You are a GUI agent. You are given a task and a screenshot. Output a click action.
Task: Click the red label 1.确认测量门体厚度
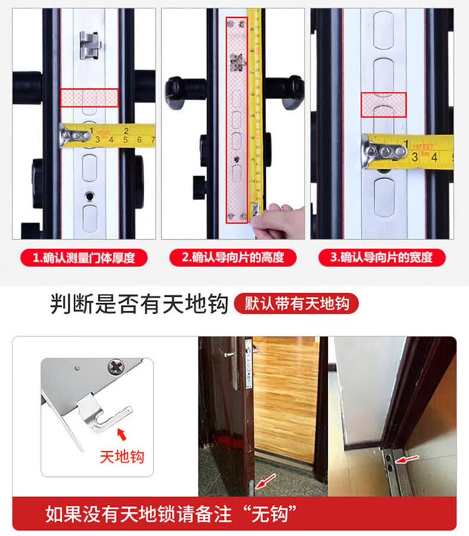click(84, 258)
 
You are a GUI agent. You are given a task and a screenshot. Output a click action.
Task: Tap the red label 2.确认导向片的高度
click(233, 258)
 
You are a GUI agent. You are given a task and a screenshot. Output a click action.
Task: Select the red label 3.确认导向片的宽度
click(382, 258)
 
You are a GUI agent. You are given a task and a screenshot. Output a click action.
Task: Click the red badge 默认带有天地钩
click(296, 303)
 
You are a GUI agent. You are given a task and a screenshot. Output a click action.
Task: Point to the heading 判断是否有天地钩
click(139, 303)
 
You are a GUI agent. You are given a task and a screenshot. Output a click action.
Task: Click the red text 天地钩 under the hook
click(122, 457)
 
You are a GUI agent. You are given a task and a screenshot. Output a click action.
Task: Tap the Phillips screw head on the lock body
click(116, 366)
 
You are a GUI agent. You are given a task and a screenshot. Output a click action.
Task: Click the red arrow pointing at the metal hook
click(122, 434)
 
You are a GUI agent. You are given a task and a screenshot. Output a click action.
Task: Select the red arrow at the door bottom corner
click(265, 481)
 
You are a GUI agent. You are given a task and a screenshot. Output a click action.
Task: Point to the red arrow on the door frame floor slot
click(407, 459)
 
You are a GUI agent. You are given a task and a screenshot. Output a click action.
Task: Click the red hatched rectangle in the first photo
click(90, 98)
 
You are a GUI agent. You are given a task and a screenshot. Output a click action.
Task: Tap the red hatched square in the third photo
click(384, 104)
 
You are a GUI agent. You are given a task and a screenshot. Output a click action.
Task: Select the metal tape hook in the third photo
click(384, 151)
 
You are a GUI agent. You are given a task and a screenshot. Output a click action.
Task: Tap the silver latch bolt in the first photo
click(91, 45)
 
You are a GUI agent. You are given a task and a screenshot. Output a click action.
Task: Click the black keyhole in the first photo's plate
click(90, 196)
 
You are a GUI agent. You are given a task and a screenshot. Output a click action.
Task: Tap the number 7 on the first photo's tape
click(153, 139)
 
